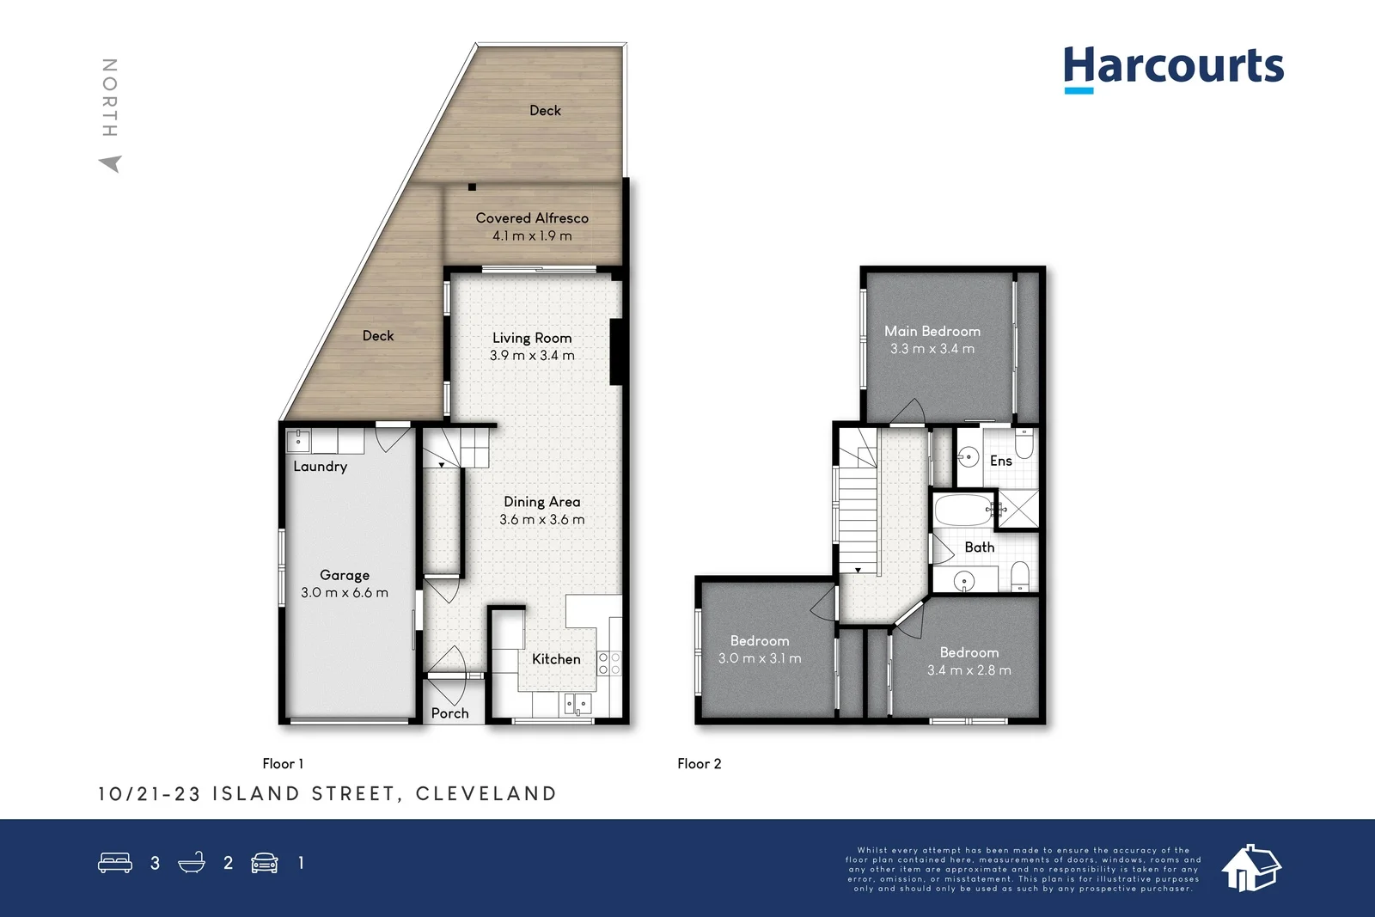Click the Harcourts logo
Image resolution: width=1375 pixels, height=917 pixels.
1173,67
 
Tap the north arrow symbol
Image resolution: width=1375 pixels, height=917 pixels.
111,163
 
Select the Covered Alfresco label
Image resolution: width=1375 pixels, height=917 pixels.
532,218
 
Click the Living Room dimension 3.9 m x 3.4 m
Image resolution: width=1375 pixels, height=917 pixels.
532,356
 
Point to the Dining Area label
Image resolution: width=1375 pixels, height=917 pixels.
541,502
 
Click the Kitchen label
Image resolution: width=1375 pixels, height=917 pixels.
556,659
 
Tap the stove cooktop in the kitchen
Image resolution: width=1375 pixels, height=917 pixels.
609,663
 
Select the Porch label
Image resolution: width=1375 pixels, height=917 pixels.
449,713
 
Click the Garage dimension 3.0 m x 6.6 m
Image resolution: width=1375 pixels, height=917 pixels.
345,593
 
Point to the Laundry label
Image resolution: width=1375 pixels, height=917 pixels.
320,467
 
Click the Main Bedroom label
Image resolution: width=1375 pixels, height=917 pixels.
932,331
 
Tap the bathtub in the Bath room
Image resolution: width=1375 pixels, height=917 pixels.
963,510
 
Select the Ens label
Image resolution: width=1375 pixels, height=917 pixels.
1000,462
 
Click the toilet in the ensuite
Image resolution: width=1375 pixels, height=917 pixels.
1024,444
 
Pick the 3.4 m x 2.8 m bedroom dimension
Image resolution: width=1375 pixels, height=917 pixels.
969,670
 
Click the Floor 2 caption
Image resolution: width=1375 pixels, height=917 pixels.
699,764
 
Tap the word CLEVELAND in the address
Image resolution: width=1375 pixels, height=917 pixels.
486,794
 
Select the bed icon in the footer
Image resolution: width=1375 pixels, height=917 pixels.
115,863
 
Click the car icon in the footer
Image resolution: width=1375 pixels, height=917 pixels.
265,863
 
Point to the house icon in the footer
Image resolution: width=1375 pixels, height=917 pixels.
1251,868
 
